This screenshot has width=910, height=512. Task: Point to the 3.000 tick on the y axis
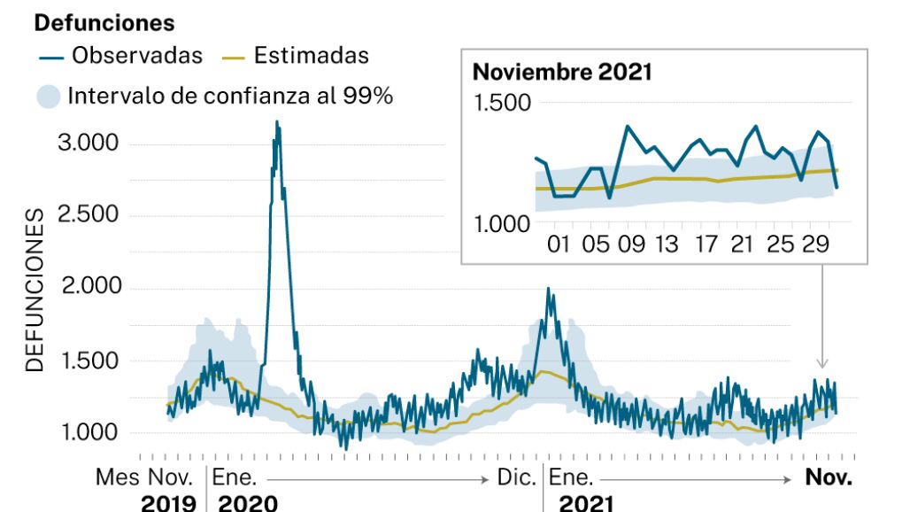(88, 144)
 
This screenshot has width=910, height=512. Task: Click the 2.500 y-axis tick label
(88, 216)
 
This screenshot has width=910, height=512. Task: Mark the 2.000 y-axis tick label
(88, 288)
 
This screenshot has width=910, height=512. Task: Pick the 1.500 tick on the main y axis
(88, 361)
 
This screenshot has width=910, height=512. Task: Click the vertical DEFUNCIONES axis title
(35, 291)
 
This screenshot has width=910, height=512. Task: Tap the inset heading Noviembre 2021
(562, 72)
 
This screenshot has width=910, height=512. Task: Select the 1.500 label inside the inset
(502, 103)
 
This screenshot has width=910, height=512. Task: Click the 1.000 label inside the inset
(502, 224)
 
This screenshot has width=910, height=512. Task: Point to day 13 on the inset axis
(667, 244)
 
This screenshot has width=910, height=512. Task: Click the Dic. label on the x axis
(517, 478)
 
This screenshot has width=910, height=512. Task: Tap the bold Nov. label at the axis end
(829, 478)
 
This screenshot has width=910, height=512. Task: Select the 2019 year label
(168, 503)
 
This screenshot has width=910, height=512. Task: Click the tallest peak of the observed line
(277, 122)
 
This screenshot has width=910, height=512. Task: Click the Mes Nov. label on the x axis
(144, 478)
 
